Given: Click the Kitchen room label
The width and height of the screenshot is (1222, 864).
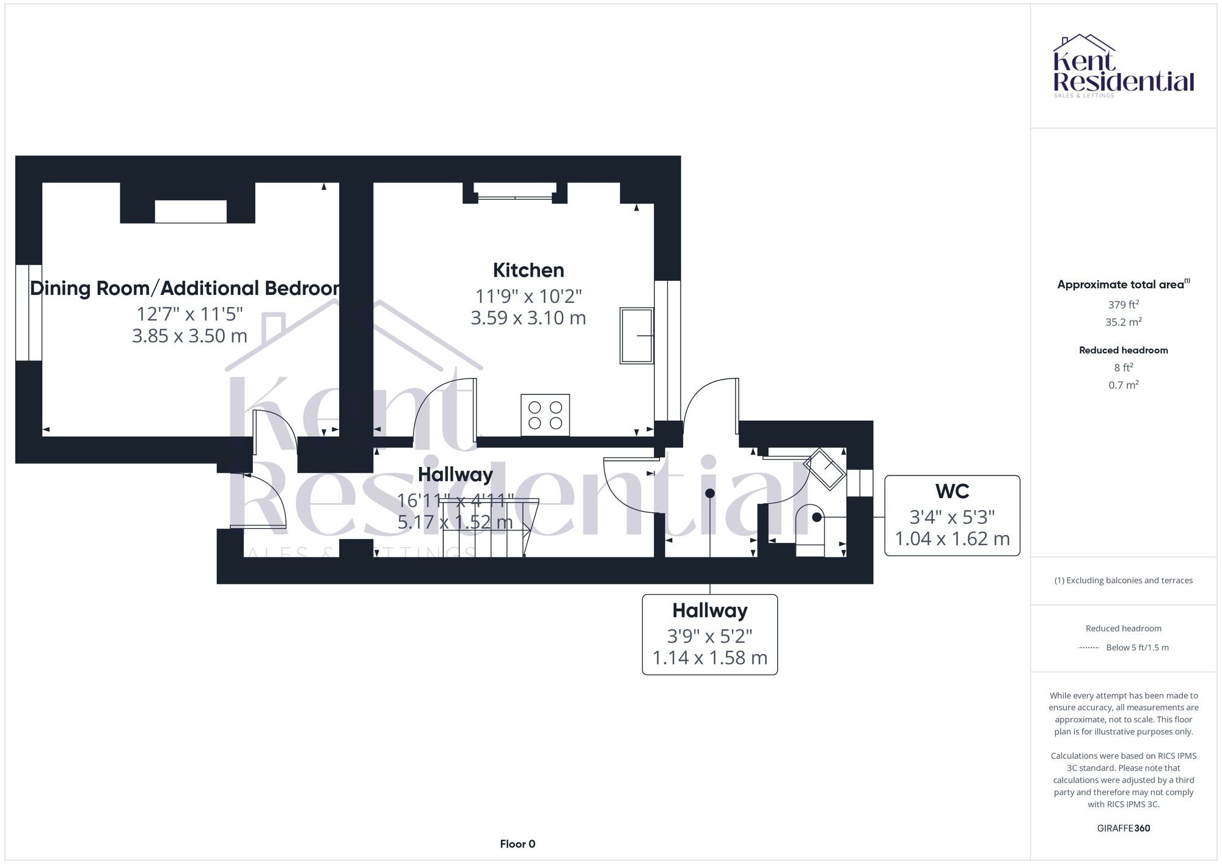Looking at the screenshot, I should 529,270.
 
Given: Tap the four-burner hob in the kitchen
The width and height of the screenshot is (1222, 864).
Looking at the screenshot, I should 545,415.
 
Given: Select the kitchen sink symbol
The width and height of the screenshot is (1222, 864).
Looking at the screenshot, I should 637,336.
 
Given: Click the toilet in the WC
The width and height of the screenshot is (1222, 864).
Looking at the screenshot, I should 810,529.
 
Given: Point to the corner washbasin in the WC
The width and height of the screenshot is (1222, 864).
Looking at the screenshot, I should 825,469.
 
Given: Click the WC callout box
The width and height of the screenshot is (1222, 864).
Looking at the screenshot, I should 952,515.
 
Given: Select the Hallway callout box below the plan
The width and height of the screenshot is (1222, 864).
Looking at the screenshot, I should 709,634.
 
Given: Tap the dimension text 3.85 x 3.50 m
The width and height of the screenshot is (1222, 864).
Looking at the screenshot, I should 189,336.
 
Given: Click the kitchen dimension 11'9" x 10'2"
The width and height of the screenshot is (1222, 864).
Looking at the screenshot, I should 529,296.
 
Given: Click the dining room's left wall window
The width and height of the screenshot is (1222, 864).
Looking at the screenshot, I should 29,313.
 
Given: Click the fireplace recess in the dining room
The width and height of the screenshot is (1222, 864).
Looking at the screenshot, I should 190,211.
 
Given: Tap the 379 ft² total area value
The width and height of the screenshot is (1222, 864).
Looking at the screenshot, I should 1123,305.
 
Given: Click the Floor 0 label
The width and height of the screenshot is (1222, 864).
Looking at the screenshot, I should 518,844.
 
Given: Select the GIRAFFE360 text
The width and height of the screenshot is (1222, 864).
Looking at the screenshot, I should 1123,828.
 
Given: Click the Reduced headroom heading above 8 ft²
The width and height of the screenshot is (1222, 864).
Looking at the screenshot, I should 1123,350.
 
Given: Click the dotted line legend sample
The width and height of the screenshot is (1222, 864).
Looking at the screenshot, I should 1089,648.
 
